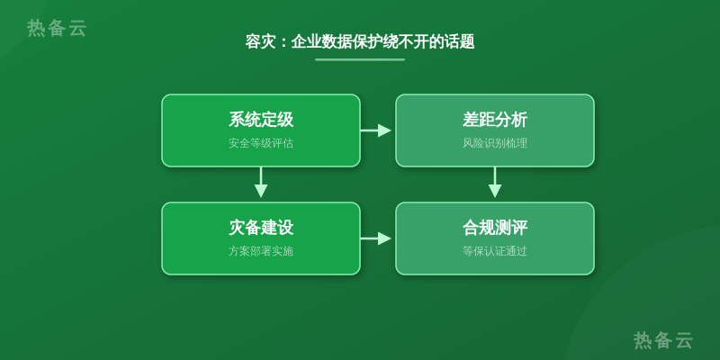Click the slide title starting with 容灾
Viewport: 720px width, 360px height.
[360, 41]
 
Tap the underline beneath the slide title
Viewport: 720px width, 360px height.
[360, 59]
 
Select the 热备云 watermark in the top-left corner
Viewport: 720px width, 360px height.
[57, 28]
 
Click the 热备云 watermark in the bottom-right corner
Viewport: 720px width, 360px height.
[663, 340]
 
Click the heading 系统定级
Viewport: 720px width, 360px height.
[261, 120]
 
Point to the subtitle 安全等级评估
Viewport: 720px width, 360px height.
[261, 143]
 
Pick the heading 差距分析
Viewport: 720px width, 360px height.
[495, 120]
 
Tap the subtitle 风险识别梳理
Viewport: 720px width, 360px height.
[495, 143]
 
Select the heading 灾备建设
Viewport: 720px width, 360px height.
[261, 228]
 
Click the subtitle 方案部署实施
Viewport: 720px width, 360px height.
[261, 251]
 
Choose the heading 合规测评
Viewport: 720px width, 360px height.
[495, 228]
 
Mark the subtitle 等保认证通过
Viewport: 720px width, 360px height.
[495, 251]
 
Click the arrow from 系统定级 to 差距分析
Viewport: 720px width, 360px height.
[375, 130]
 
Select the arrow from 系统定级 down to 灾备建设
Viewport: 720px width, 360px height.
[261, 183]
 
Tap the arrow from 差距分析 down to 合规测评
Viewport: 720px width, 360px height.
[495, 183]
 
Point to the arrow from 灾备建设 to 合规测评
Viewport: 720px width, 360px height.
[375, 238]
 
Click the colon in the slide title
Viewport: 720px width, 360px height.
[283, 42]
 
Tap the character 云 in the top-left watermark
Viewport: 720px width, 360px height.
[77, 28]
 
